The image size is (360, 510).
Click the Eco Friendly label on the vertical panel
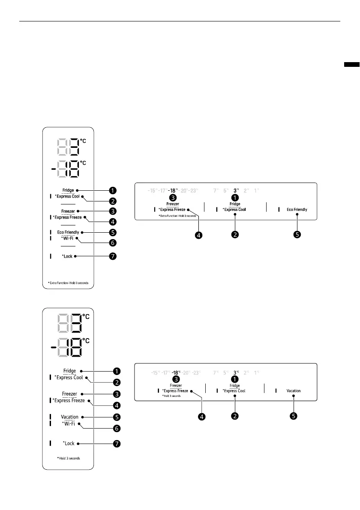(x=68, y=232)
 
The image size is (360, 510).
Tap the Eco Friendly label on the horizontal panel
(x=297, y=210)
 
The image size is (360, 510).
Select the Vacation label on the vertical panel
(x=69, y=417)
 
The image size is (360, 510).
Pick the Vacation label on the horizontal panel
(x=294, y=391)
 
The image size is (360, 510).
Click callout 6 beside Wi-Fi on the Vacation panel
(x=116, y=428)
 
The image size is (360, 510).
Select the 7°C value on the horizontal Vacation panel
(x=216, y=372)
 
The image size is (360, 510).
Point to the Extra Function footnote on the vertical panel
(x=68, y=283)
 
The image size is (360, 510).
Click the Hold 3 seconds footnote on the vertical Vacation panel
(x=68, y=458)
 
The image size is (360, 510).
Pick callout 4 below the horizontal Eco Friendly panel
(x=199, y=234)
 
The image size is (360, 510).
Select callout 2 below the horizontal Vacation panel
(x=234, y=416)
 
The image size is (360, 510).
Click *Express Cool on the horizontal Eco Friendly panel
(x=234, y=210)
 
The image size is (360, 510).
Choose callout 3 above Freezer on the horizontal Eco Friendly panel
(x=173, y=198)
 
